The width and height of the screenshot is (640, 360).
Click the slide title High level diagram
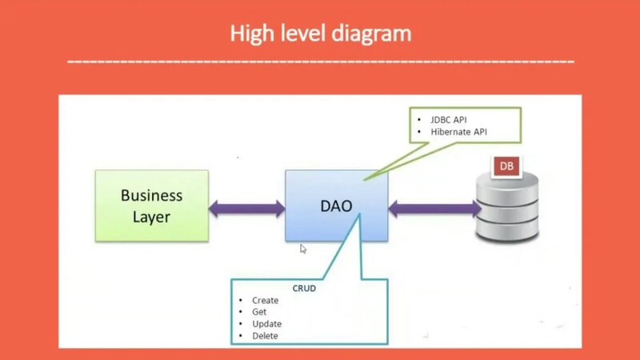[320, 34]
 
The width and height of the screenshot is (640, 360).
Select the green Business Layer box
[151, 205]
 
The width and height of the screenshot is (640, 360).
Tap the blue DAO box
[336, 206]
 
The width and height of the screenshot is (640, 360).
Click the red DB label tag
[506, 166]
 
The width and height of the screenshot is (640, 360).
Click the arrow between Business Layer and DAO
[246, 209]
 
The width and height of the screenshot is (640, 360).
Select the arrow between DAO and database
[434, 209]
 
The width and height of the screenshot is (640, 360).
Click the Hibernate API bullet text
[458, 131]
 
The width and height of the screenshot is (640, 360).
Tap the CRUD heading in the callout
[305, 288]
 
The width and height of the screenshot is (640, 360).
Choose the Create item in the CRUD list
[265, 301]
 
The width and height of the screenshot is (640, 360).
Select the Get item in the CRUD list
[259, 312]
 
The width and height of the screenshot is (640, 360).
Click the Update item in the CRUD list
[266, 324]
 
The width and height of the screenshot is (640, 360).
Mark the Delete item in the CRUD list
[265, 336]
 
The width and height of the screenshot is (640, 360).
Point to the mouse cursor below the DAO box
[303, 249]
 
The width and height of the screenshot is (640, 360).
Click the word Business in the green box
[151, 195]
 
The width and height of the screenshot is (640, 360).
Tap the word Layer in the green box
[151, 216]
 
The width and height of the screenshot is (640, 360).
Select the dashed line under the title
[320, 61]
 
